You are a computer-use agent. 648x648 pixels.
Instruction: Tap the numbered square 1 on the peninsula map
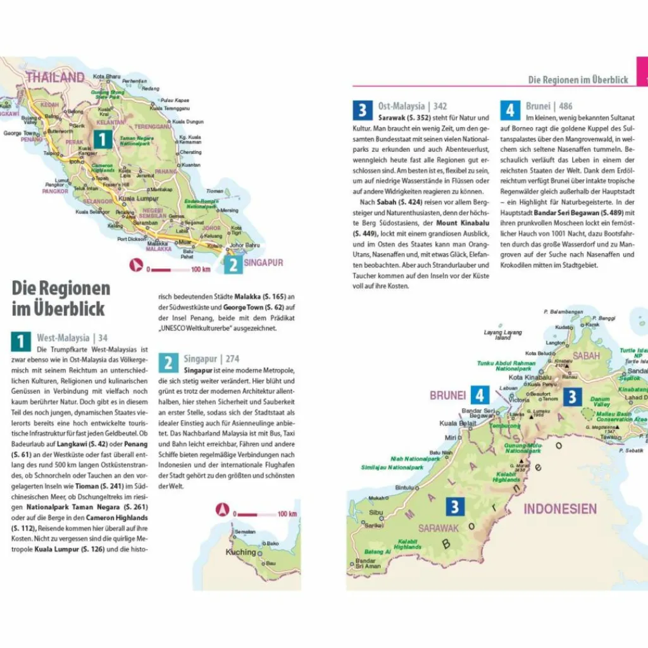(x=103, y=139)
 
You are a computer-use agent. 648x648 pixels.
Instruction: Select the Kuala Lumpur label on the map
(x=139, y=198)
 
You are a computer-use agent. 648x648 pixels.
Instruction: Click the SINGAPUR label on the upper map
(x=263, y=263)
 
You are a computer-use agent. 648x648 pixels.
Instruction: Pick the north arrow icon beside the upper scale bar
(x=135, y=266)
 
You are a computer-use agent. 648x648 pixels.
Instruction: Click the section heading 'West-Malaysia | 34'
(x=72, y=338)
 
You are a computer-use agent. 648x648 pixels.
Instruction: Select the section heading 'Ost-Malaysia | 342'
(x=412, y=106)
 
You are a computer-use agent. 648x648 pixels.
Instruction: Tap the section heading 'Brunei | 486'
(x=549, y=106)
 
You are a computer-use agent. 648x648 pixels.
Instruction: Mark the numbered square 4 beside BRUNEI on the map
(x=480, y=396)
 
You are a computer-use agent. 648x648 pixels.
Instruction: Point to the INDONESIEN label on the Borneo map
(x=560, y=509)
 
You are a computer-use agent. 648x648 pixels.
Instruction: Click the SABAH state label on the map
(x=586, y=356)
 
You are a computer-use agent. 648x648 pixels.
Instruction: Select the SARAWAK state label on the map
(x=438, y=528)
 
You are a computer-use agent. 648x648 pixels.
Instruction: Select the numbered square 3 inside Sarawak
(x=456, y=506)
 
